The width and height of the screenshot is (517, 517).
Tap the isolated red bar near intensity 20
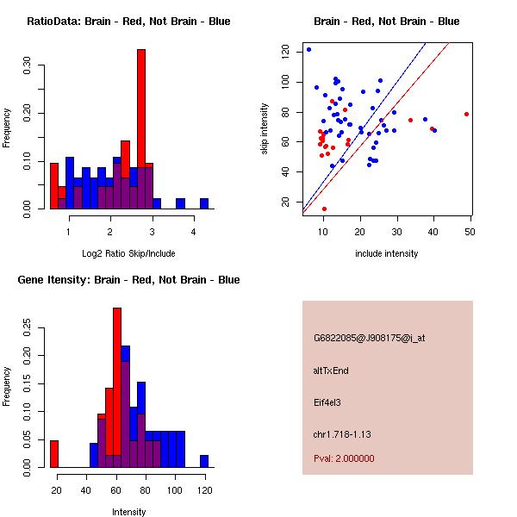54,454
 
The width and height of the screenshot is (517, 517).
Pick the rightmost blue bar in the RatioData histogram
204,203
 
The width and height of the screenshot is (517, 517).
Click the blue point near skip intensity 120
308,49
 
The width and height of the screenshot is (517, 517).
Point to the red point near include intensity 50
466,114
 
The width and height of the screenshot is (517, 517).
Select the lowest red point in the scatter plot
324,209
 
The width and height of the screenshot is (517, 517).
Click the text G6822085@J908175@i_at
370,338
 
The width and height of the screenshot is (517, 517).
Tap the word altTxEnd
331,371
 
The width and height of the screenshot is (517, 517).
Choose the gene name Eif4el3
327,402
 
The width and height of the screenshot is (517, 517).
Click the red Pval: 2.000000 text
344,458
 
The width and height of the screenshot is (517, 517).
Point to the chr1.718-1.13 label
342,434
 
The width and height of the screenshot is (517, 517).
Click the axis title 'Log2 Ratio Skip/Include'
128,253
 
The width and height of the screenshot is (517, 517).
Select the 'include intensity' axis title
386,253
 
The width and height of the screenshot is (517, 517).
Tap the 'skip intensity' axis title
265,128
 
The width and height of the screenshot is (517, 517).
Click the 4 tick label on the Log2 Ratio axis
194,232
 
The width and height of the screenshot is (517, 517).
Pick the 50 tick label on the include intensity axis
470,232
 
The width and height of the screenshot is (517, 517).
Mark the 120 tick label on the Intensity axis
205,490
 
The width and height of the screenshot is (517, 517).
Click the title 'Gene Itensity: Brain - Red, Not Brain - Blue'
128,279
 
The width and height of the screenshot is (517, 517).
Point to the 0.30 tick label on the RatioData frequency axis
27,65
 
